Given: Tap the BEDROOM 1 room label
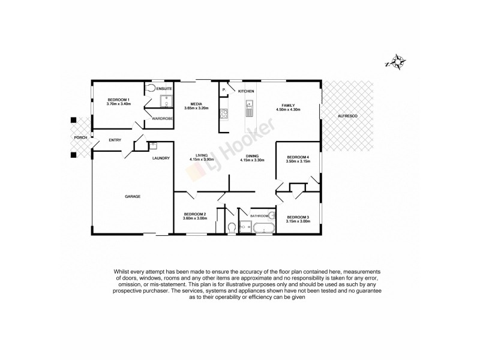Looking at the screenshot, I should [118, 100].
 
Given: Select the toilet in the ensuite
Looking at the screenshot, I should [151, 88].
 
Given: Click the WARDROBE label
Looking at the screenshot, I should [162, 118].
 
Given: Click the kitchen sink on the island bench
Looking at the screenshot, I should [249, 110].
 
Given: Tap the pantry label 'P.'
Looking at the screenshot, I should [224, 90].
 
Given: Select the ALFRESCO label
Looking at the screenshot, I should [347, 115].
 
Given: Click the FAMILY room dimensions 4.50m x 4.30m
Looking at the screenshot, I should [287, 110].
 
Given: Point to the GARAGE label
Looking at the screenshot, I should [132, 196].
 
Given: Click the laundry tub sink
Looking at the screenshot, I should [153, 145].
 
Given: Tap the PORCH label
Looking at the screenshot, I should [80, 137].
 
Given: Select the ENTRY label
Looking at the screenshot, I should [115, 140].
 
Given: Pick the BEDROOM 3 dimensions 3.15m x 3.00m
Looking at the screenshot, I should [298, 221].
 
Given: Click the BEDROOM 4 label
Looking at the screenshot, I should [298, 157].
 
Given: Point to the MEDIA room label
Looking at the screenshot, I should [195, 103].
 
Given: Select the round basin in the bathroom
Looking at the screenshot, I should [271, 215].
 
